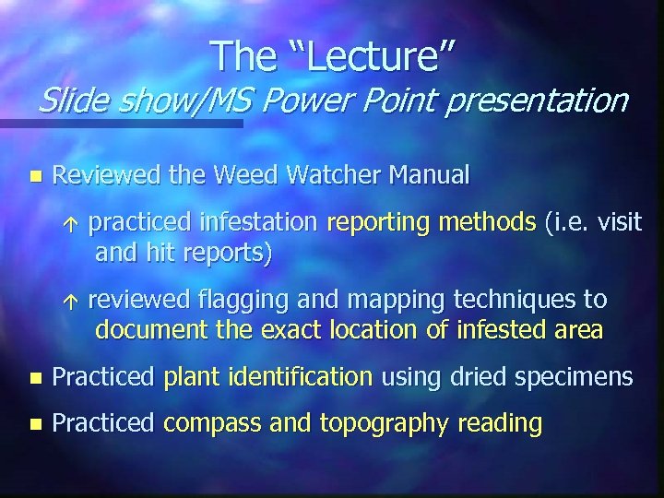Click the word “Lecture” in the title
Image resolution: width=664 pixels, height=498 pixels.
(365, 56)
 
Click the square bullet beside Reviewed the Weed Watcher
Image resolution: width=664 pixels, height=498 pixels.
(35, 174)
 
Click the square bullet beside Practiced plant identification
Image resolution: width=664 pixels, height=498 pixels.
(35, 377)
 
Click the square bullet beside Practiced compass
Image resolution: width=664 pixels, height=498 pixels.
(35, 424)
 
